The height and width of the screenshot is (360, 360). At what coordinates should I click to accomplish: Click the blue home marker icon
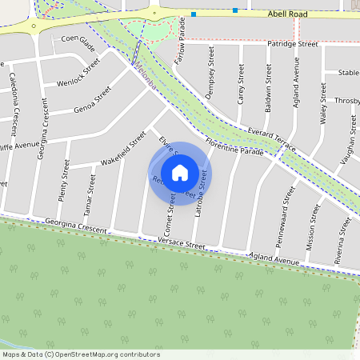pos(180,172)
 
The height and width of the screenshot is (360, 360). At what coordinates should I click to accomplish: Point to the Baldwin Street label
pos(269,83)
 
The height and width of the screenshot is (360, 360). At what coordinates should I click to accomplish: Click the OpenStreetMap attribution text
pos(81,354)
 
